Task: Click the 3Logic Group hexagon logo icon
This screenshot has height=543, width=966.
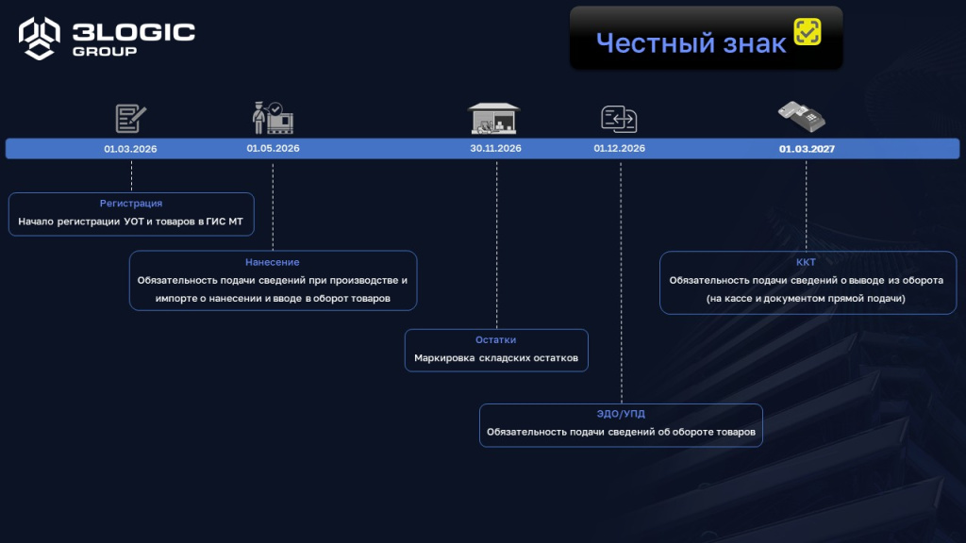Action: coord(40,38)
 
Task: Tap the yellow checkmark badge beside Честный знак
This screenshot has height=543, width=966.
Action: coord(808,31)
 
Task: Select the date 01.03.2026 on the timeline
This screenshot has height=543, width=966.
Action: coord(130,149)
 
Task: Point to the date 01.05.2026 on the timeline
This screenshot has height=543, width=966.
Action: coord(273,148)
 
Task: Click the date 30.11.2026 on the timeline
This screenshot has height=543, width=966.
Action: coord(495,148)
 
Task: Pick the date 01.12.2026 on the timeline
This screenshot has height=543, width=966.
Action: coord(619,148)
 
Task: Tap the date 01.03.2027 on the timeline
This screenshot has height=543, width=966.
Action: coord(807,149)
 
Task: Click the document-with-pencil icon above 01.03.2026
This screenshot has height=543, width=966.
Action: coord(130,118)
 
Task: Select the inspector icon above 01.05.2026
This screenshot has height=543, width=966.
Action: coord(273,118)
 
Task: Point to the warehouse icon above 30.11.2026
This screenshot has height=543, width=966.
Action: coord(493,118)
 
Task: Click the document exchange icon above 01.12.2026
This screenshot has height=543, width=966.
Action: coord(619,119)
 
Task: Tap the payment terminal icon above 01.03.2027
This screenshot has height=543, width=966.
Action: coord(802,116)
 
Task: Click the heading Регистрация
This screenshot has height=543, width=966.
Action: coord(131,204)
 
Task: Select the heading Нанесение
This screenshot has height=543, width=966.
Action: coord(273,262)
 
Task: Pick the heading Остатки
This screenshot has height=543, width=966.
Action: coord(496,339)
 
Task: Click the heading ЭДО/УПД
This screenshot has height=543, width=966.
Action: coord(621,414)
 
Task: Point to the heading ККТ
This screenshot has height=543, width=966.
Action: coord(806,262)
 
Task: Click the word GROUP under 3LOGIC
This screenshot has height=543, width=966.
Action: coord(105,51)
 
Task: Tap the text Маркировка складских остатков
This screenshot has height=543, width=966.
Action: coord(496,357)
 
